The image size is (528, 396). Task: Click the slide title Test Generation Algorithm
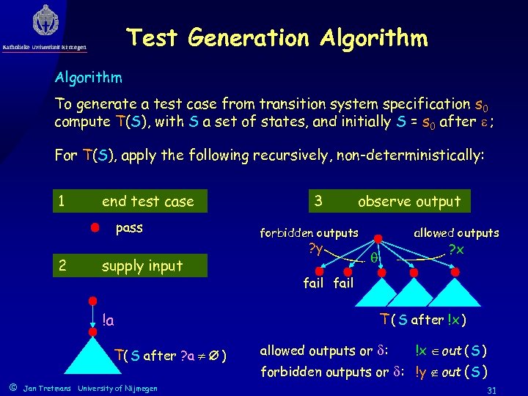tap(276, 37)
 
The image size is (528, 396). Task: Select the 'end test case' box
tap(147, 202)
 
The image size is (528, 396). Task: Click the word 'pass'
tap(129, 228)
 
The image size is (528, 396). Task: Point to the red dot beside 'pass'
tap(95, 228)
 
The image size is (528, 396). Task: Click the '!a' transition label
tap(108, 320)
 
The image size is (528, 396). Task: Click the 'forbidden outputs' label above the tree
tap(309, 233)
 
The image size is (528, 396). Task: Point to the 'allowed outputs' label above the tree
tap(455, 233)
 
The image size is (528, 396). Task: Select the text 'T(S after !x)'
tap(423, 320)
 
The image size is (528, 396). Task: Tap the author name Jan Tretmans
tap(47, 387)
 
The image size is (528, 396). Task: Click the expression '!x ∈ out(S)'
tap(451, 350)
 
